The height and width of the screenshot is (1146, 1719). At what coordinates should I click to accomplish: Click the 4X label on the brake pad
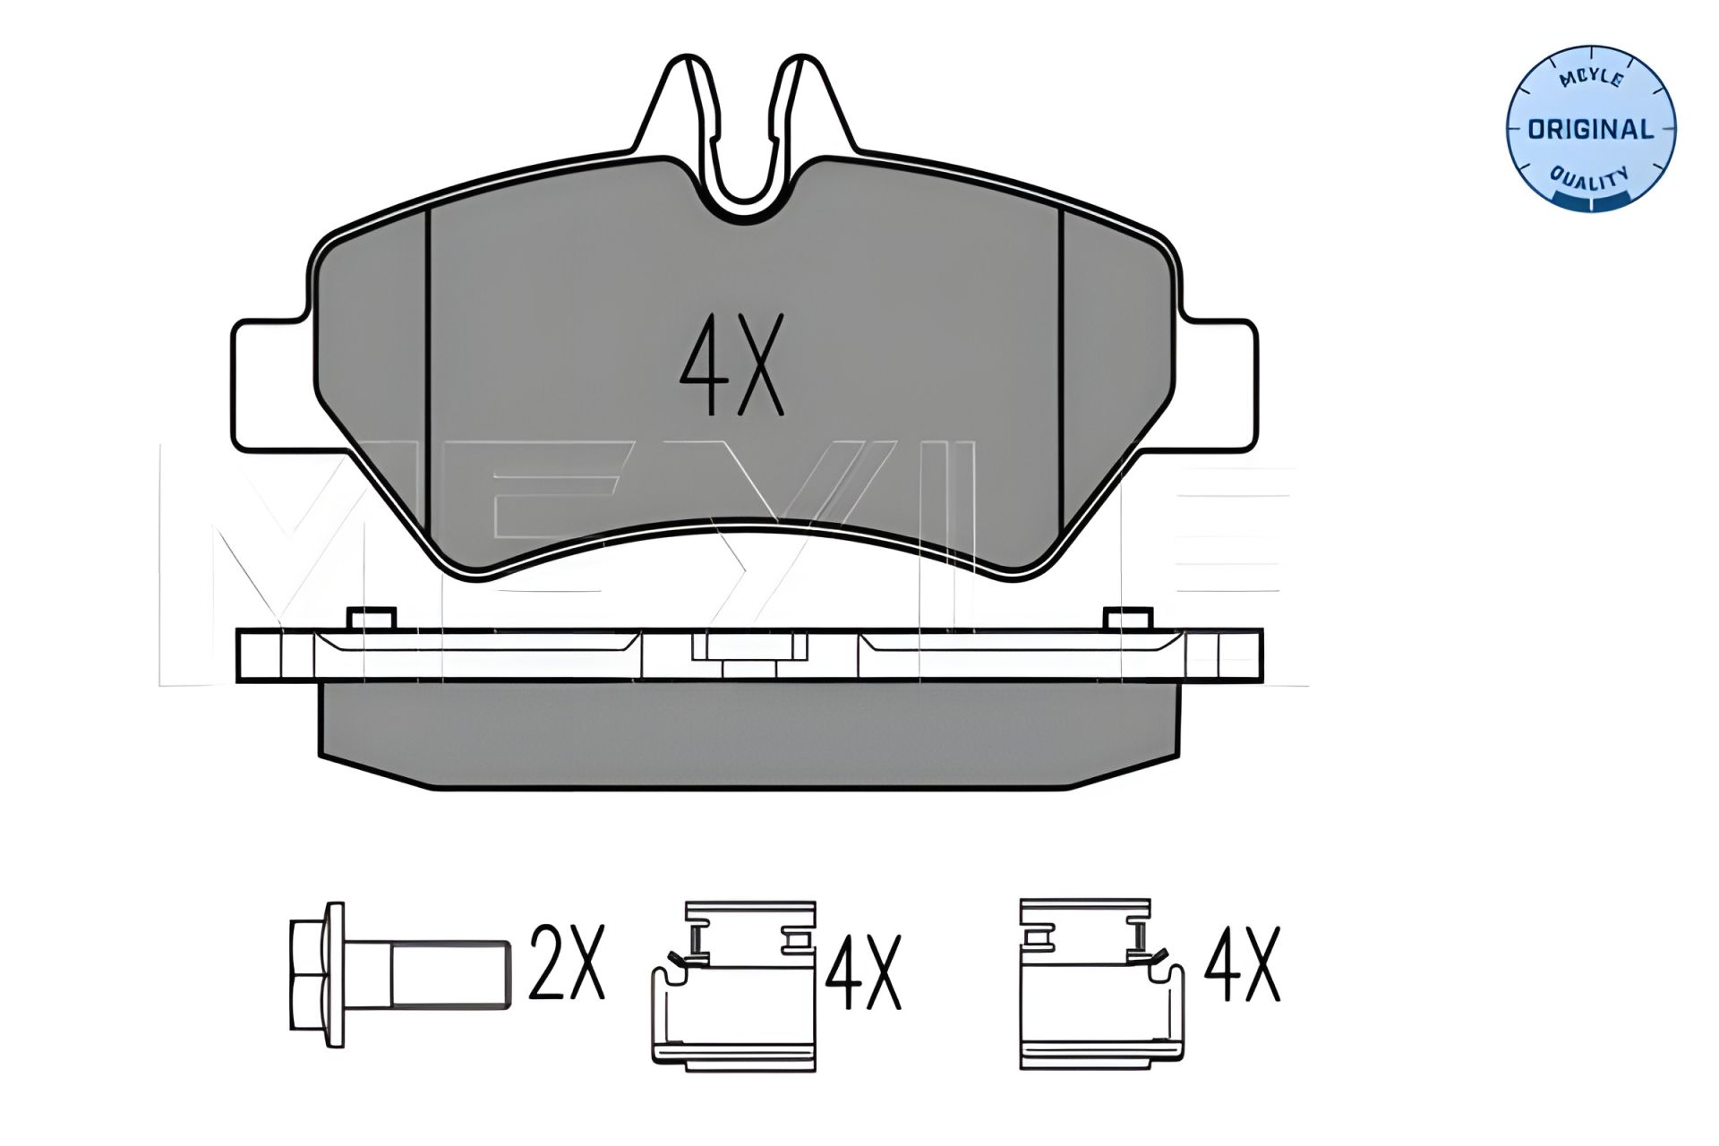pos(731,365)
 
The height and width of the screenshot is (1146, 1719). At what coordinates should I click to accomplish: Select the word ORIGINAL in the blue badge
pos(1590,130)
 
